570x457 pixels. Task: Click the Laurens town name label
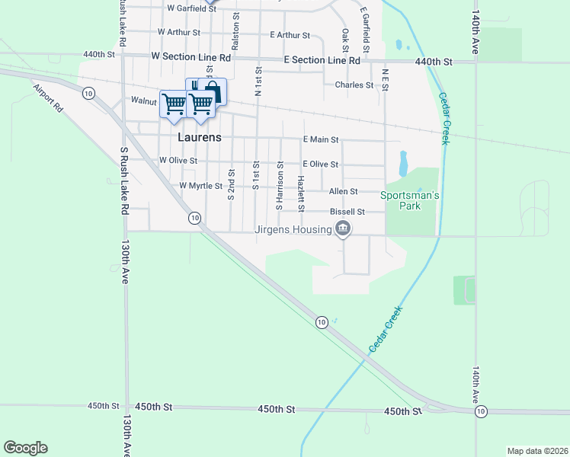[200, 138]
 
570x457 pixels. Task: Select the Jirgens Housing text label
[293, 229]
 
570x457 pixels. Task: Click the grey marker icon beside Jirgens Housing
[343, 228]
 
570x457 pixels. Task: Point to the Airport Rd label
[47, 98]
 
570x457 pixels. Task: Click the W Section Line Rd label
[191, 57]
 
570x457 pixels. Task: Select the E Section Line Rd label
[322, 60]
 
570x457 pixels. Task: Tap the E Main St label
[320, 140]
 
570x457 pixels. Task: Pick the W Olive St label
[178, 161]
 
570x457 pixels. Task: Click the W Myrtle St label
[200, 186]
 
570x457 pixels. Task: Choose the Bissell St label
[347, 212]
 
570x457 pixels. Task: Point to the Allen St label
[343, 191]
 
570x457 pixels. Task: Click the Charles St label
[354, 85]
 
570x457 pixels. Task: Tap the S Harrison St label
[280, 186]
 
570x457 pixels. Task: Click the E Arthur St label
[290, 35]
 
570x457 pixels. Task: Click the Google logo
[25, 448]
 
